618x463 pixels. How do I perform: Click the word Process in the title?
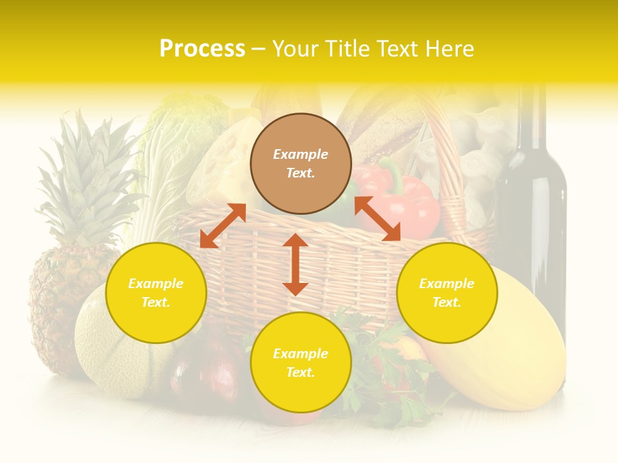pos(202,49)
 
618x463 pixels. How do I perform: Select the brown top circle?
pos(301,163)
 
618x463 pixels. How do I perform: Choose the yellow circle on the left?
pos(156,293)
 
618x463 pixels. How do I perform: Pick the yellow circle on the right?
pos(447,293)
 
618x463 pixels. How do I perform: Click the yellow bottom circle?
pos(301,363)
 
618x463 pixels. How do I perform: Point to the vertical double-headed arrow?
pos(295,264)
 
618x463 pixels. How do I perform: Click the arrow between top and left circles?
pos(223,226)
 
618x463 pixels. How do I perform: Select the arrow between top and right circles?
pos(378,219)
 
